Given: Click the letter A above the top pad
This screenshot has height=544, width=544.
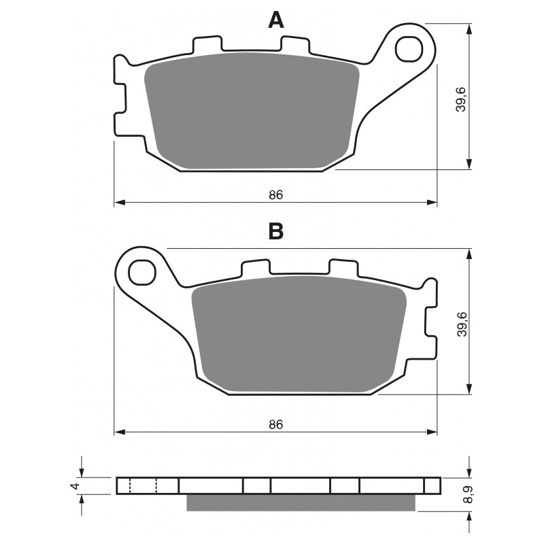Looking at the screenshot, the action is coord(276,20).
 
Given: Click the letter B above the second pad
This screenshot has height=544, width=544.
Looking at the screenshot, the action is coord(276,231).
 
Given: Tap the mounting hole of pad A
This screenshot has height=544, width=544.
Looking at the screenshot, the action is coord(409,49).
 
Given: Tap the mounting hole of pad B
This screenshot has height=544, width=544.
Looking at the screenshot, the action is coord(141,273).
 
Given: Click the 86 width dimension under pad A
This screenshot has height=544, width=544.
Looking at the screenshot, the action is coord(276,195).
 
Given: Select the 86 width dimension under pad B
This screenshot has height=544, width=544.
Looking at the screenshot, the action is coord(276,424).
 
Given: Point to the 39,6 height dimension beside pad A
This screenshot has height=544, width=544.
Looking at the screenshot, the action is coord(461,99).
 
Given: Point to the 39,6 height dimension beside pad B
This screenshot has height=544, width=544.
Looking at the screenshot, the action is coord(462,324).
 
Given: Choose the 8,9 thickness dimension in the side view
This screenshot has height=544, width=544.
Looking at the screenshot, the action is coord(469,494).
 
